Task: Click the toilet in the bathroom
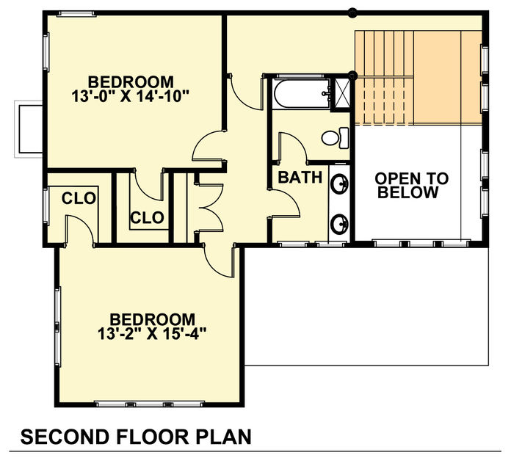pos(335,138)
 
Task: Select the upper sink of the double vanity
pos(339,184)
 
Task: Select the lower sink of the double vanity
pos(339,224)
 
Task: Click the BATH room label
pos(300,178)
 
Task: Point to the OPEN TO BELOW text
pos(411,186)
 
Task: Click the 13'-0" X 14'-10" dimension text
pos(130,96)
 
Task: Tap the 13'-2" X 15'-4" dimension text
pos(152,334)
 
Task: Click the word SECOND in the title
pos(65,437)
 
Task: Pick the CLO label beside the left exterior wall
pos(79,198)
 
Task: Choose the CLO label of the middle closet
pos(147,217)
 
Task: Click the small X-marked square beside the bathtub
pos(341,94)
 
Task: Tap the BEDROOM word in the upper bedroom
pos(131,81)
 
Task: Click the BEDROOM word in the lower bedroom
pos(152,319)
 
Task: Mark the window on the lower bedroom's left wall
pos(58,327)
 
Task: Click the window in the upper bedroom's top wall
pos(76,14)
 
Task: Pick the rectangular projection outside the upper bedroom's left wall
pos(29,129)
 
